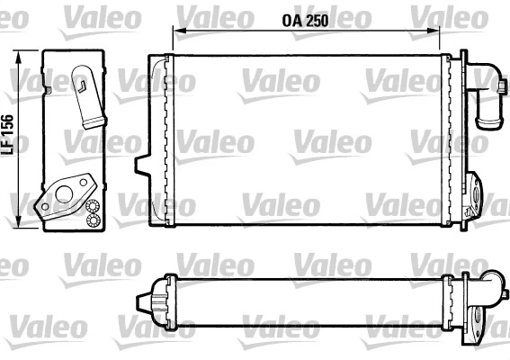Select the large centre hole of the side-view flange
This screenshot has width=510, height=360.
click(x=64, y=192)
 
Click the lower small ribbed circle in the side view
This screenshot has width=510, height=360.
click(x=92, y=220)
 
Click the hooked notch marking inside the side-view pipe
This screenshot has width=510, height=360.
click(x=82, y=87)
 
